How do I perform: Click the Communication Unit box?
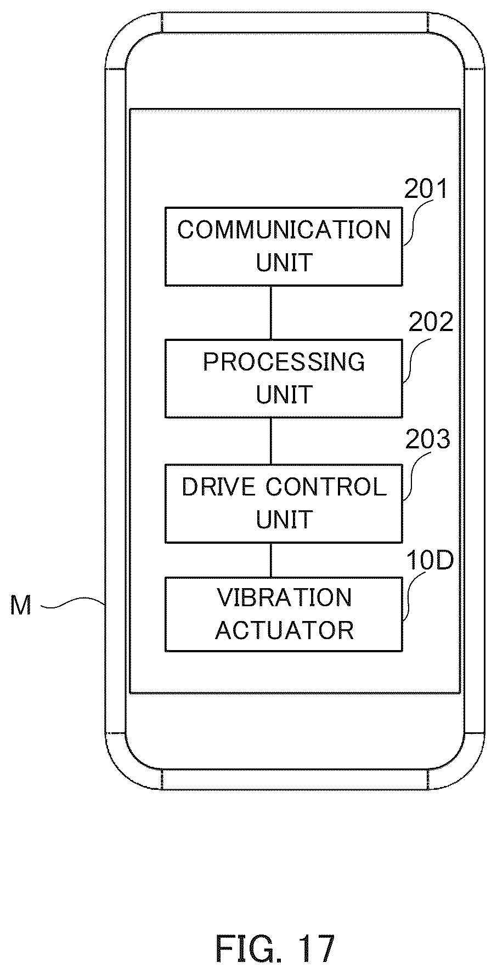click(284, 246)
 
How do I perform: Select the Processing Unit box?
click(284, 378)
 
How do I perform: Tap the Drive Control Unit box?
click(284, 504)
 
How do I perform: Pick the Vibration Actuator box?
click(284, 614)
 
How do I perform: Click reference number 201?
click(426, 189)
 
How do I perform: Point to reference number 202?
click(431, 322)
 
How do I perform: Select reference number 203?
click(427, 439)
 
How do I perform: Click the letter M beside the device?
click(21, 606)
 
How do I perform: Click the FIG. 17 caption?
click(275, 933)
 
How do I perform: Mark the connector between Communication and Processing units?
click(271, 312)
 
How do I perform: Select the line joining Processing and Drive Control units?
click(271, 441)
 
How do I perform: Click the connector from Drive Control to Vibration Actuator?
click(271, 560)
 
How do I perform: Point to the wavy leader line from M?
click(73, 604)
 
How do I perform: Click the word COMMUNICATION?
click(284, 230)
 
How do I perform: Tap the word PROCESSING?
click(284, 362)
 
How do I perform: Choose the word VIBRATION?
click(284, 597)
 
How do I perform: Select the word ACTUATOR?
click(284, 630)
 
